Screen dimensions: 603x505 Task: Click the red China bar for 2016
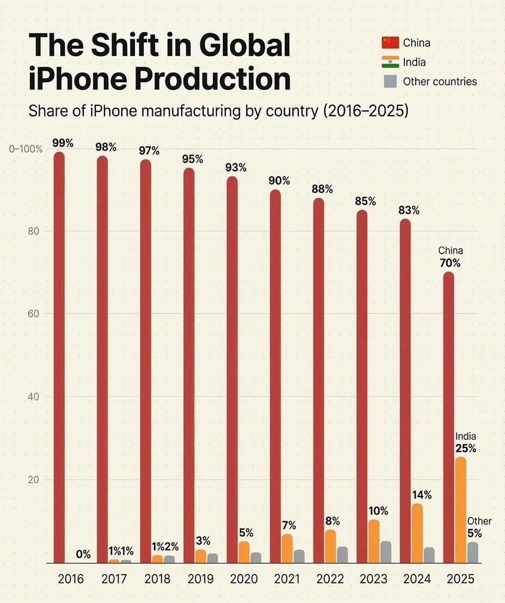point(59,356)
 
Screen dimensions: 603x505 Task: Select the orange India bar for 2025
point(461,510)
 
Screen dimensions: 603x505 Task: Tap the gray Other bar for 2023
point(386,552)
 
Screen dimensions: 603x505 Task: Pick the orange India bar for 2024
point(417,533)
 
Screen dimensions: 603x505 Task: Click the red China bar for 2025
point(448,417)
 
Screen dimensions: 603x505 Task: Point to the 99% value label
point(63,143)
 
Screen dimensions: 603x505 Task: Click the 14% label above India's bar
point(421,495)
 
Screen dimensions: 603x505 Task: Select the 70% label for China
point(451,263)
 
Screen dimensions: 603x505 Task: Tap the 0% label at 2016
point(83,555)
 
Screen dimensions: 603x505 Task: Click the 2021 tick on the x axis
point(287,579)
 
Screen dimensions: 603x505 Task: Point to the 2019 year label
point(201,579)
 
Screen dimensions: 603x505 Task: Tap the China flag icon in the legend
point(390,42)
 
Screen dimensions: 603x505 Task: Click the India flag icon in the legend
point(390,62)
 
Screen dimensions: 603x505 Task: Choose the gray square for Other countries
point(390,82)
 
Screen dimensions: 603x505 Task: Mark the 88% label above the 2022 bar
point(322,189)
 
